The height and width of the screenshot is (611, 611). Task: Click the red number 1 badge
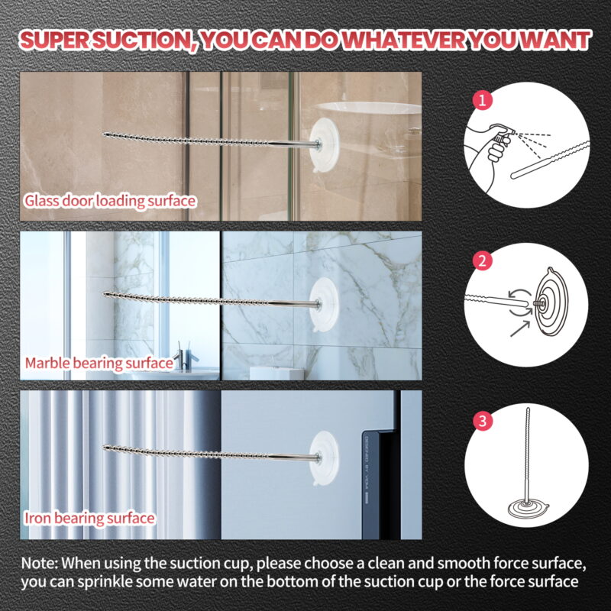pyautogui.click(x=481, y=99)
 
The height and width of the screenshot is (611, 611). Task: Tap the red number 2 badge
pyautogui.click(x=481, y=260)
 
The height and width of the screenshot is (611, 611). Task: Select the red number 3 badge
pyautogui.click(x=481, y=421)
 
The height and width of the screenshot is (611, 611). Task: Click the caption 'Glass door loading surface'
pyautogui.click(x=110, y=201)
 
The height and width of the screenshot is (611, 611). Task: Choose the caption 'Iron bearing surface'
pyautogui.click(x=90, y=519)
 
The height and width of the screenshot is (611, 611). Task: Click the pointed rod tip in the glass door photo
pyautogui.click(x=107, y=133)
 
